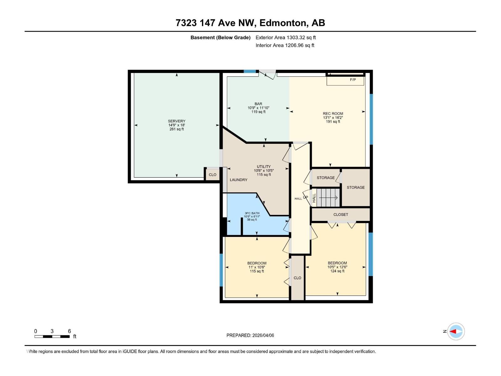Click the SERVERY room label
click(x=177, y=121)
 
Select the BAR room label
click(x=258, y=104)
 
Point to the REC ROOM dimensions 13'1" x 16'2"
click(x=333, y=118)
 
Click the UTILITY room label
click(x=264, y=167)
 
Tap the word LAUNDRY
click(x=238, y=180)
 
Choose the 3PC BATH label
click(x=252, y=213)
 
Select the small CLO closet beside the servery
click(x=212, y=175)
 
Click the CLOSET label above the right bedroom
click(x=340, y=215)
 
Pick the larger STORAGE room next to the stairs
click(x=356, y=187)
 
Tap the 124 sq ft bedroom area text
click(x=337, y=271)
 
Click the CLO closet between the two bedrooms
click(x=297, y=278)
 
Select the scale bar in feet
click(x=52, y=336)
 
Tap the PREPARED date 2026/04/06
click(x=250, y=335)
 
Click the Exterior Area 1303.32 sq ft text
click(x=286, y=38)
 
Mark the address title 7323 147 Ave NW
click(x=250, y=23)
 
